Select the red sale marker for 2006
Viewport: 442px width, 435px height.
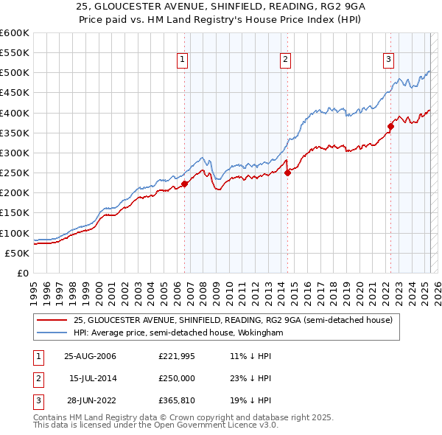tap(185, 184)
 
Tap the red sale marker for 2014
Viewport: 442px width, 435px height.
tap(287, 173)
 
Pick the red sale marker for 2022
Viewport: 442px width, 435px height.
tap(390, 127)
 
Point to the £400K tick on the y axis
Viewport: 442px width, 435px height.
tap(15, 113)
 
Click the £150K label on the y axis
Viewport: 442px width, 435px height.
tap(15, 213)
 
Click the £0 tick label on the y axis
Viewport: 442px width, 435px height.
tap(22, 273)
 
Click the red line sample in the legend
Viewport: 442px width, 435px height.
tap(52, 320)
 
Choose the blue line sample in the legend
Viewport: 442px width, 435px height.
tap(52, 333)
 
